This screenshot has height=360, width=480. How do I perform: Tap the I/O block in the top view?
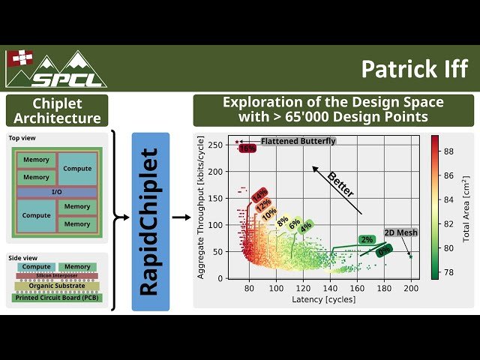57,193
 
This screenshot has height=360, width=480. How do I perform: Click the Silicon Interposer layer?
57,276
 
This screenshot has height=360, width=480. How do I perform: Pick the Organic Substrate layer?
57,286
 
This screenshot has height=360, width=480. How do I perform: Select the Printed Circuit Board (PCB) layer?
57,298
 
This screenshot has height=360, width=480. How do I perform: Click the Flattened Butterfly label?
298,141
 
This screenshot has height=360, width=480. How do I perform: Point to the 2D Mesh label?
400,233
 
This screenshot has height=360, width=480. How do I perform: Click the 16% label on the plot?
247,148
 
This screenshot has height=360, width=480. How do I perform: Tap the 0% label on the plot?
384,251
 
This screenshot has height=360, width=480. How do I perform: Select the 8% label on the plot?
282,221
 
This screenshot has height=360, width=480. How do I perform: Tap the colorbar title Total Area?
466,210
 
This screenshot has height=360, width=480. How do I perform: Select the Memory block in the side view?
77,266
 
